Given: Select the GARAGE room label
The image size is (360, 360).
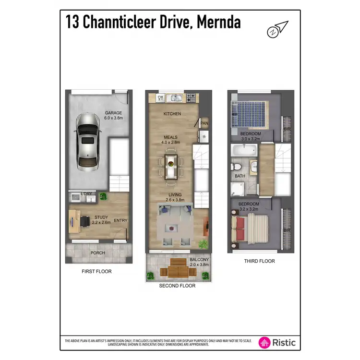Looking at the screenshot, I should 114,113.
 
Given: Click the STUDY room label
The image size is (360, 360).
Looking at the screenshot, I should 101,217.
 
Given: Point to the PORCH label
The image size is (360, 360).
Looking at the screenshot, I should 97,252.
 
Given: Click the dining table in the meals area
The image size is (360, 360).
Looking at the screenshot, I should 170,165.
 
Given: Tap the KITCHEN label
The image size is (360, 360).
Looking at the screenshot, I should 171,114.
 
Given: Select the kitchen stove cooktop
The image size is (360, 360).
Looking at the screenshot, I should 191,98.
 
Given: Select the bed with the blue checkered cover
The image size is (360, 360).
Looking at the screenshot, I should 250,114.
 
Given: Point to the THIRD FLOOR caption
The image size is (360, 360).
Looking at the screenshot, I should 259,261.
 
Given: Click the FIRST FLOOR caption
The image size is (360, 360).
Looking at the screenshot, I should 96,271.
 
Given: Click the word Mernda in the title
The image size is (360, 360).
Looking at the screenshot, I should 219,22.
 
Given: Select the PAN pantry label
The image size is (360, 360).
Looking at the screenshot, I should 204,123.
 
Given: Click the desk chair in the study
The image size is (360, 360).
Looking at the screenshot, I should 85,221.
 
